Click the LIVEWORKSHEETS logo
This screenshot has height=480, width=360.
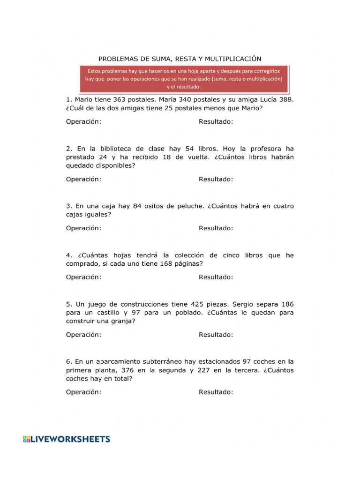[x=67, y=439]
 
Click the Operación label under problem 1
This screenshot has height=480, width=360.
[x=83, y=121]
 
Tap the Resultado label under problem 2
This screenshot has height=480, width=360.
[x=216, y=179]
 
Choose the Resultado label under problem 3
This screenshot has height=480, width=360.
[x=216, y=228]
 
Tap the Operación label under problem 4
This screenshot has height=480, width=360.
[x=83, y=277]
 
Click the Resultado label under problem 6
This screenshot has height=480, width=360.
[x=216, y=392]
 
